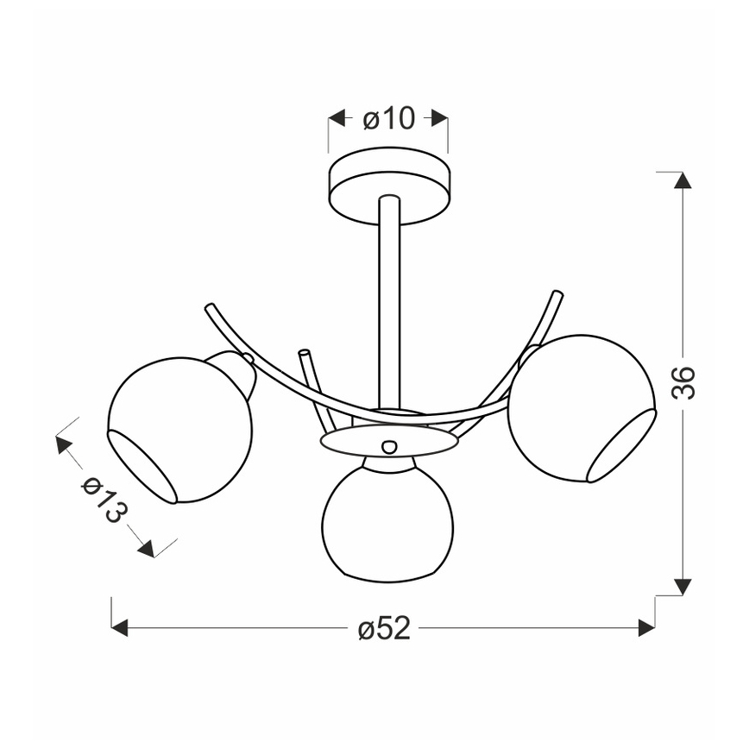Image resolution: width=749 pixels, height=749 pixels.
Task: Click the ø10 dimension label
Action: (389, 118)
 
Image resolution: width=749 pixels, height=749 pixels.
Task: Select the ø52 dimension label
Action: (384, 628)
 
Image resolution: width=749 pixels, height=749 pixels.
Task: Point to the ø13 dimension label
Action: (105, 500)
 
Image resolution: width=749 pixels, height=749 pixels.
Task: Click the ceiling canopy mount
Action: (388, 186)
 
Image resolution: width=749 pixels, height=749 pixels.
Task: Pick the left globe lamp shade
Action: (180, 430)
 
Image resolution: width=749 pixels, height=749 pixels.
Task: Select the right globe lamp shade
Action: (582, 409)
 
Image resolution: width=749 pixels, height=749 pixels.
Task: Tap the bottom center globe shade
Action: (388, 524)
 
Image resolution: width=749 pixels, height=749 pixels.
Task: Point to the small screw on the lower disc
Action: (389, 447)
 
